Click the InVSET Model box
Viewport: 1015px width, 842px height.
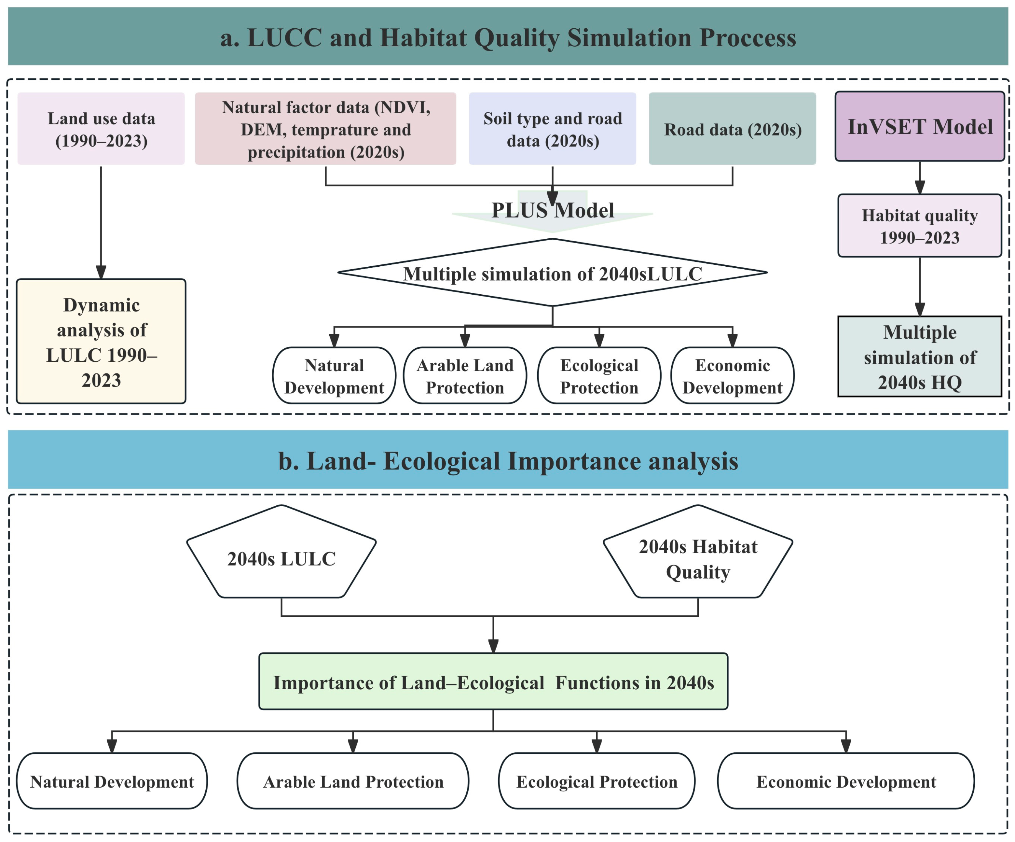(x=920, y=127)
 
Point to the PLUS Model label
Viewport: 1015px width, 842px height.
(x=553, y=210)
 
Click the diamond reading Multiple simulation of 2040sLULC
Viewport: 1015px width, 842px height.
(x=553, y=273)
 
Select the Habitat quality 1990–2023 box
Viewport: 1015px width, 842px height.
(x=919, y=226)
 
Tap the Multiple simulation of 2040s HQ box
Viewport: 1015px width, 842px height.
(x=919, y=357)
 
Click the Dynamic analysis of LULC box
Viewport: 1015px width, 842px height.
(x=101, y=342)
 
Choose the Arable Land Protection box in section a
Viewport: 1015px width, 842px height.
(x=465, y=376)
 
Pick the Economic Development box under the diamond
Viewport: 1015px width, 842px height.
(x=732, y=376)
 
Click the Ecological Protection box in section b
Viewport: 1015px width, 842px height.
(x=597, y=781)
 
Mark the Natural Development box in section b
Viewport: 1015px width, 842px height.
(x=112, y=781)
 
